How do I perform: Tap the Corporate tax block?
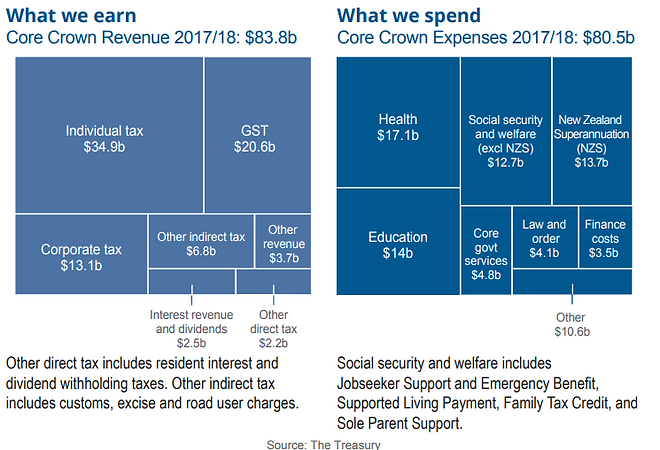pos(80,255)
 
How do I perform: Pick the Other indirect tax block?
pos(200,242)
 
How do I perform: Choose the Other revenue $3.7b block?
pos(283,242)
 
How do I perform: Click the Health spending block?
pos(397,122)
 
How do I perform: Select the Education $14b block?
pos(397,243)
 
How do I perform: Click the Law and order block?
pos(544,237)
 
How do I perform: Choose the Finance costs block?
pos(604,237)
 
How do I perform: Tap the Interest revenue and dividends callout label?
pos(191,322)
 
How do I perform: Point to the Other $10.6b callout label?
pos(572,324)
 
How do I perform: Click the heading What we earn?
pos(71,16)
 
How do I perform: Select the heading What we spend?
pos(408,16)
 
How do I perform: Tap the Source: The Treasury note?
pos(323,443)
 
